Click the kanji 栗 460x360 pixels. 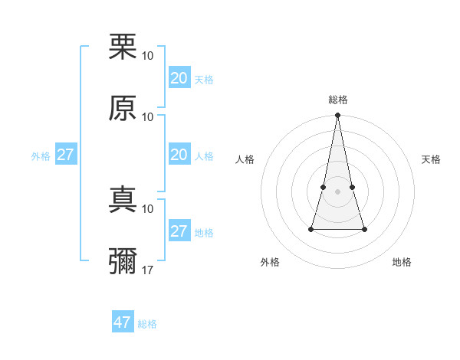[123, 47]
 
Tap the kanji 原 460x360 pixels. [123, 108]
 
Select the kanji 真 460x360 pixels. [123, 200]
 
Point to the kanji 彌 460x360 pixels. [123, 261]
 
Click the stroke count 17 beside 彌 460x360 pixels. [148, 270]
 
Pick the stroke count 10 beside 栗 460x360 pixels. [148, 56]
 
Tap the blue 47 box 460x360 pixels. [122, 322]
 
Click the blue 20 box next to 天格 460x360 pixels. [179, 78]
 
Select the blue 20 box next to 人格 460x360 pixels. [179, 155]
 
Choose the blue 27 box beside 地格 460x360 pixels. [179, 231]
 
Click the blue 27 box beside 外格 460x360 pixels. [65, 155]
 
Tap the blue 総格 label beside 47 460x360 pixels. [147, 324]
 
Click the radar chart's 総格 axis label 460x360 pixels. [338, 100]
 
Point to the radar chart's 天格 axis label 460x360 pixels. [432, 159]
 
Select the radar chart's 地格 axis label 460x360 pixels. [402, 262]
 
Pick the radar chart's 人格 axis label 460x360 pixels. [245, 159]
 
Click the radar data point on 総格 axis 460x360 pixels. [338, 116]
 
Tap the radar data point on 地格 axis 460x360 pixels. [364, 229]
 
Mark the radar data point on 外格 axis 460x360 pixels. [311, 228]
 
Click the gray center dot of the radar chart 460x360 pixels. [338, 191]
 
